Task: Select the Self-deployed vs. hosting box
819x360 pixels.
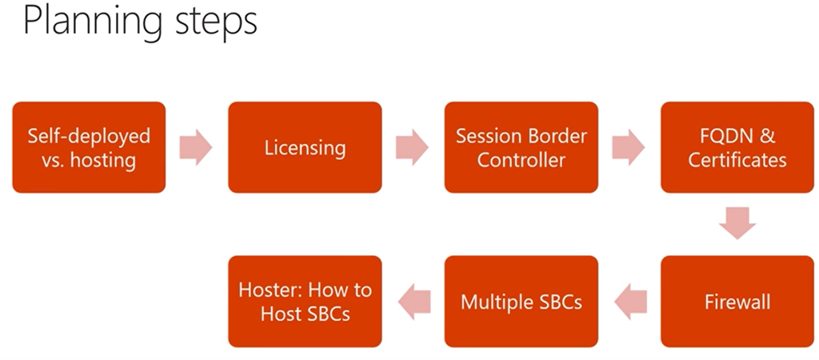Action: click(x=89, y=147)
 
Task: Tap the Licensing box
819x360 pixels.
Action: click(x=305, y=147)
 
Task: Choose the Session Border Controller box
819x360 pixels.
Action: click(x=521, y=147)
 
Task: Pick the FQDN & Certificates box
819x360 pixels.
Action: click(x=737, y=147)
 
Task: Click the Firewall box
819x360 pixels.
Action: click(x=737, y=302)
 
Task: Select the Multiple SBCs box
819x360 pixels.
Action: click(x=521, y=302)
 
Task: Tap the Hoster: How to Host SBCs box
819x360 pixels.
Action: click(x=305, y=302)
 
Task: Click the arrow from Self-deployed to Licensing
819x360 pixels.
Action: click(x=196, y=147)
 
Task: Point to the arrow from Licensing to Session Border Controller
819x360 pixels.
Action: click(x=412, y=147)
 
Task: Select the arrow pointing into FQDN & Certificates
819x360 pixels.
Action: click(x=628, y=147)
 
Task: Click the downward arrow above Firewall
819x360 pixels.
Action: click(x=737, y=223)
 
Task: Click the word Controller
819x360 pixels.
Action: click(x=521, y=160)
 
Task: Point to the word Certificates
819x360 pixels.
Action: click(x=737, y=160)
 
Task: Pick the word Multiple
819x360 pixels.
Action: click(x=497, y=302)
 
